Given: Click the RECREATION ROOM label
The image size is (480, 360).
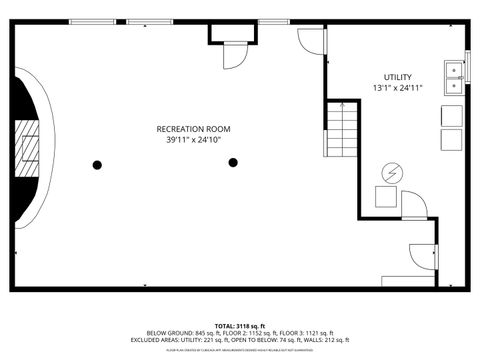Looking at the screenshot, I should pos(193,129).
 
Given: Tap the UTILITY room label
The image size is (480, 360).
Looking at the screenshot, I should pos(397,77).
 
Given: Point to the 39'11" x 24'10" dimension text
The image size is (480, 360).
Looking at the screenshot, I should pos(193,140).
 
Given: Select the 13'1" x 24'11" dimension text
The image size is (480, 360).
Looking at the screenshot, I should pos(397,88).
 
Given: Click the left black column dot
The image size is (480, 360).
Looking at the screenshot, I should pos(97,163).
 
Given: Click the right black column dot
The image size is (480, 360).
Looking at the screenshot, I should pos(233,162).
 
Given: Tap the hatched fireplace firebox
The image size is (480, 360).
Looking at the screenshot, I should pos(31,149).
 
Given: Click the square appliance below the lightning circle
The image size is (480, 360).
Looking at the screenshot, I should pos(386,197).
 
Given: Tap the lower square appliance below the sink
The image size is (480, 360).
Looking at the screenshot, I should pos(451,139).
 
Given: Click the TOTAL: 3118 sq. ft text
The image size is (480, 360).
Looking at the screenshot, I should pos(240,326).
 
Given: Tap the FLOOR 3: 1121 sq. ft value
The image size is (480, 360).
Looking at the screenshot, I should pos(306,333).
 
